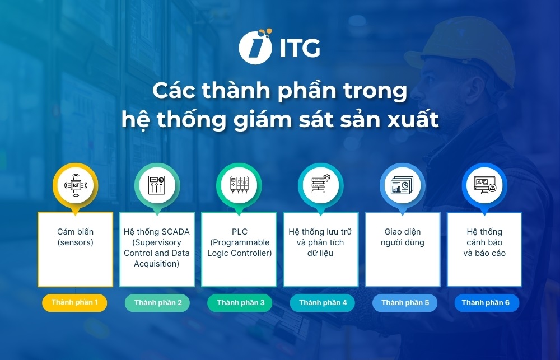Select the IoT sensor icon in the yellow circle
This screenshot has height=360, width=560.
(75, 185)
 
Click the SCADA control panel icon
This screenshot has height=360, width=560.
(157, 185)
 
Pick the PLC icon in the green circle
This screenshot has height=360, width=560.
(239, 185)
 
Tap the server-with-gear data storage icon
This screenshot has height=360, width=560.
(321, 185)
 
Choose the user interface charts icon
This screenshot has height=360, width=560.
(403, 185)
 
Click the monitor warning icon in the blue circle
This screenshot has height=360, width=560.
(484, 185)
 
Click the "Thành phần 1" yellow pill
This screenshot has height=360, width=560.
(74, 302)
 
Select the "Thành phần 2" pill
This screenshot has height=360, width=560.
(157, 303)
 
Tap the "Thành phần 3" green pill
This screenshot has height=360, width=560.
(240, 303)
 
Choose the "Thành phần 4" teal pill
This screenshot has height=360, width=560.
(322, 303)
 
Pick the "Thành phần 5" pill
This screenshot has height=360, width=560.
(404, 303)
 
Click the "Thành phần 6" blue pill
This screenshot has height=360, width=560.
(486, 303)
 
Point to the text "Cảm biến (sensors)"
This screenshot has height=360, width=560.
(75, 237)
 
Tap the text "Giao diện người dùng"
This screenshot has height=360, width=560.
(403, 237)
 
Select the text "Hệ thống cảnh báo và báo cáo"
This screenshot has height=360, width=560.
(484, 242)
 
